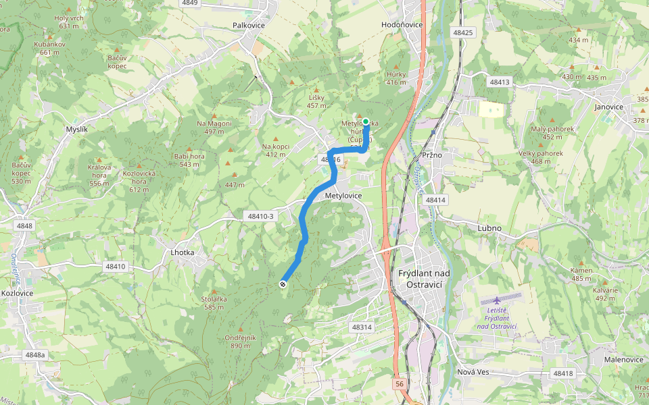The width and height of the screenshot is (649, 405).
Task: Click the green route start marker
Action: [x=366, y=122]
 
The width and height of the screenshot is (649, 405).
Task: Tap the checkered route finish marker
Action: [x=283, y=284]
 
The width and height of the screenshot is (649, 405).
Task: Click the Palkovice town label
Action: [x=248, y=25]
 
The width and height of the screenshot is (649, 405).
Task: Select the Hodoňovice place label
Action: [x=402, y=25]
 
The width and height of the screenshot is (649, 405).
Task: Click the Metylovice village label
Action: [x=343, y=196]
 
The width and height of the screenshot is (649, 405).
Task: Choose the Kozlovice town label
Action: [x=18, y=293]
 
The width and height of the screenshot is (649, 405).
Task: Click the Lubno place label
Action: [x=489, y=228]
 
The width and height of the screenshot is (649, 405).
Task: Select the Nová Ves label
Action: [x=473, y=373]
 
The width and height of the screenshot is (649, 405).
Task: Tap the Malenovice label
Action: [x=623, y=360]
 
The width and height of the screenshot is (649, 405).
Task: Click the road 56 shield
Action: [x=400, y=384]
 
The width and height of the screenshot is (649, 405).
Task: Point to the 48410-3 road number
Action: [x=260, y=217]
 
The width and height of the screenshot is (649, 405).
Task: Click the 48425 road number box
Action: [x=464, y=32]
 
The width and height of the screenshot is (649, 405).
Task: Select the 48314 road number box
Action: [x=362, y=327]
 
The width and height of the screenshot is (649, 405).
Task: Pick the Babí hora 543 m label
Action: [x=189, y=160]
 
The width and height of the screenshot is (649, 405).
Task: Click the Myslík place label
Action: [x=76, y=129]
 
